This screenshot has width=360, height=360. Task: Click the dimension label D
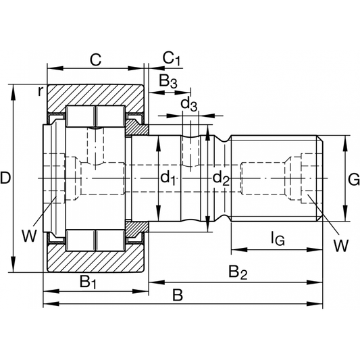tap(6, 178)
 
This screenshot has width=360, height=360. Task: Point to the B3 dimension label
tap(168, 82)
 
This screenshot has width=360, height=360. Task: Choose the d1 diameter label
tap(168, 178)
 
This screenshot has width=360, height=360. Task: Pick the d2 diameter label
tap(221, 178)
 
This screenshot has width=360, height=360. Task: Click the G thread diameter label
tap(353, 179)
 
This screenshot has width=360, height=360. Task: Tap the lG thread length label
tap(277, 238)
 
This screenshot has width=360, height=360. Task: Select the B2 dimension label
tap(237, 272)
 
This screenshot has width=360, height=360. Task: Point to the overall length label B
tap(178, 295)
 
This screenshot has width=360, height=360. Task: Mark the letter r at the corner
tap(41, 90)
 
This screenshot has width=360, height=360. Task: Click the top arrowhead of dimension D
tap(14, 88)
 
